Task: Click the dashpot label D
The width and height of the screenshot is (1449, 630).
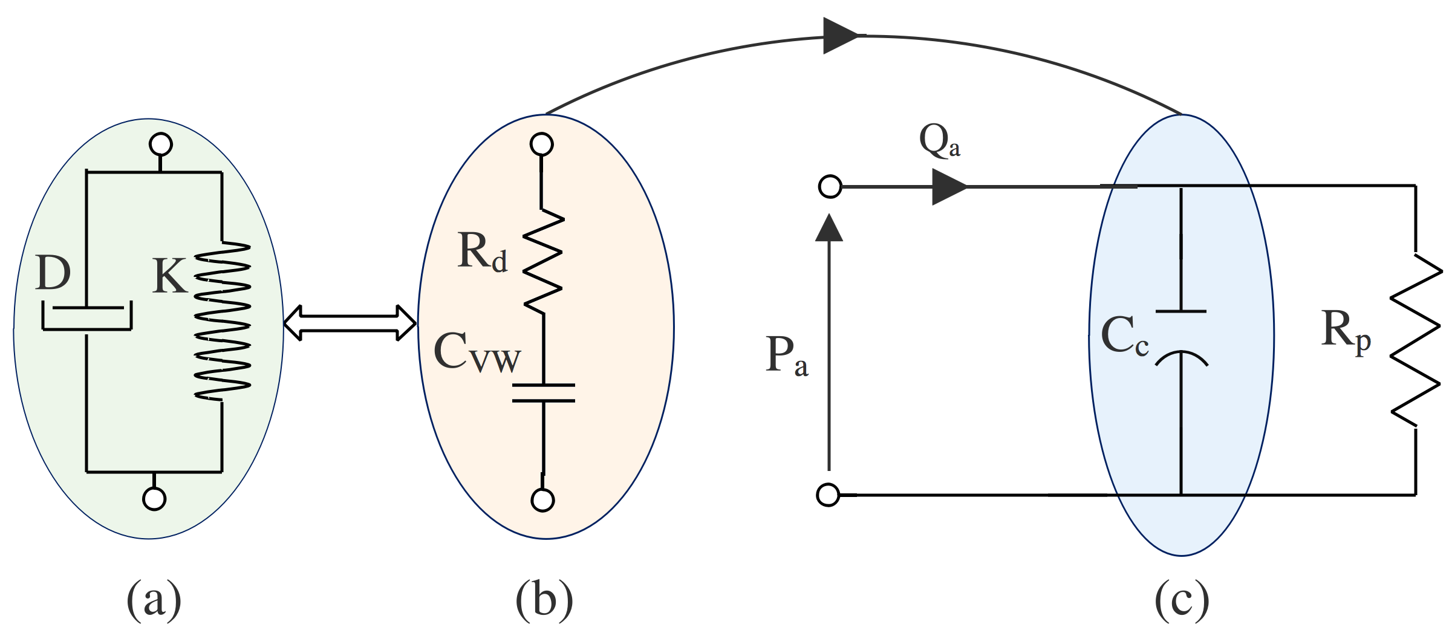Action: click(53, 273)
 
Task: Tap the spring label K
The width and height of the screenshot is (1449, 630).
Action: click(169, 276)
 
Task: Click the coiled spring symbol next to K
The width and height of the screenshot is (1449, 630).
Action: click(223, 320)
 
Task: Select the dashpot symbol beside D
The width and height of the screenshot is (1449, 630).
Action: click(86, 317)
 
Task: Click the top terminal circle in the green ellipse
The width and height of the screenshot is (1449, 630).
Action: click(160, 145)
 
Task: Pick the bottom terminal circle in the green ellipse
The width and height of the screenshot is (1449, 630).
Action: click(154, 499)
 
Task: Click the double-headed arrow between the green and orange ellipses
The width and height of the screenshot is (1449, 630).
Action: click(350, 323)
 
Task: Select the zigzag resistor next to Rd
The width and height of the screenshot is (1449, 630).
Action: click(543, 261)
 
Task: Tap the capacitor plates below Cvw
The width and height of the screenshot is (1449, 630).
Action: click(543, 392)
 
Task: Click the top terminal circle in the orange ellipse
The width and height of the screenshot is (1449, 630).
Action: click(541, 145)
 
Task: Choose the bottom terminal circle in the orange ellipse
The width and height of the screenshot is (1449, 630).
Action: click(542, 500)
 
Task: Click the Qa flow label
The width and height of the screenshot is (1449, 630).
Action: click(939, 141)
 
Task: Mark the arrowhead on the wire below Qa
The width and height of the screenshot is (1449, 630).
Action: click(948, 187)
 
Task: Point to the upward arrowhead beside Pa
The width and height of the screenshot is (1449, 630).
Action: click(829, 229)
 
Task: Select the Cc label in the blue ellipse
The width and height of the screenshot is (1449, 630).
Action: click(1124, 336)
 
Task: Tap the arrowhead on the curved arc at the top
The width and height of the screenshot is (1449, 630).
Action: click(841, 36)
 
